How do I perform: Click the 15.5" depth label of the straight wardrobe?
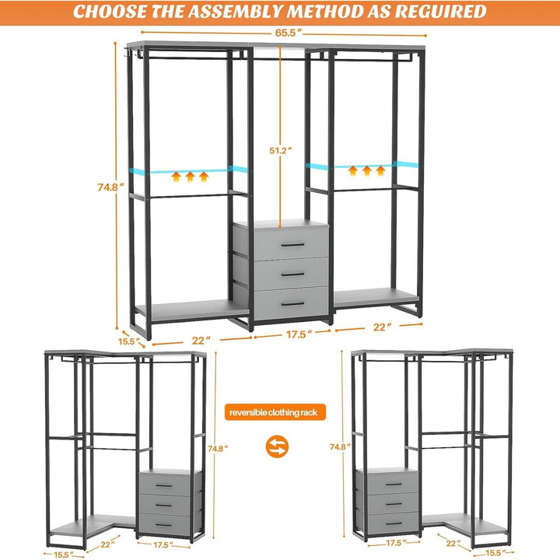tap(128, 341)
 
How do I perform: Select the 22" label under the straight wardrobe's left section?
tap(201, 340)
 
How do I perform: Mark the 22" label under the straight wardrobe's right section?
tap(383, 328)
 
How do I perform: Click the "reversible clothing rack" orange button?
tap(275, 411)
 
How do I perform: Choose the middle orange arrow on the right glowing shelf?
tap(366, 171)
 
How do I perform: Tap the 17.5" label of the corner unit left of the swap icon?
tap(164, 544)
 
